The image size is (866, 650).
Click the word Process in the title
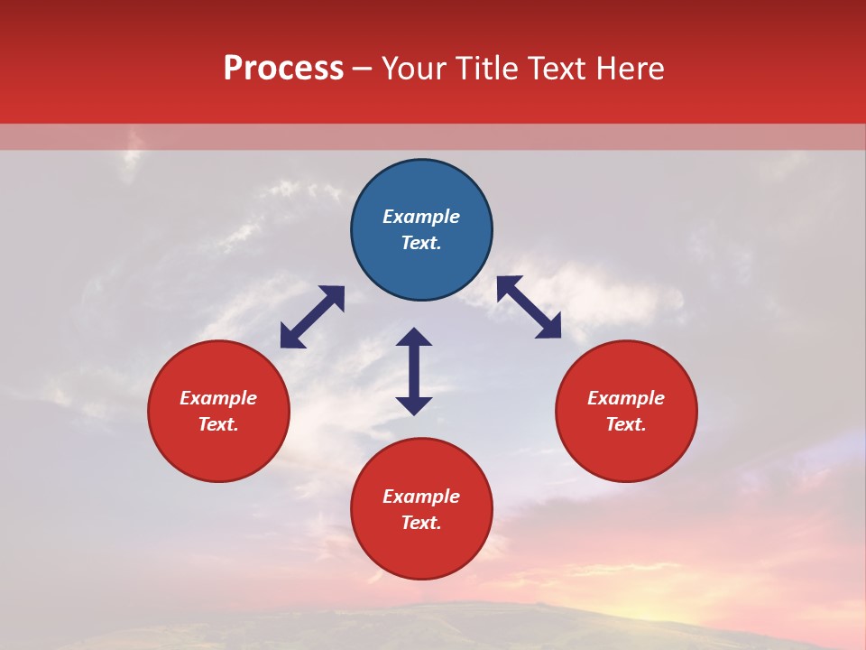pyautogui.click(x=283, y=69)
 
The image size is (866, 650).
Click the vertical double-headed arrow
pyautogui.click(x=414, y=371)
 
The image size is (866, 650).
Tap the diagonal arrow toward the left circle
pyautogui.click(x=312, y=317)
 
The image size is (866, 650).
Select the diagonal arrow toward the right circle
pyautogui.click(x=530, y=307)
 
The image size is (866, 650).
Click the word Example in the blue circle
pyautogui.click(x=421, y=217)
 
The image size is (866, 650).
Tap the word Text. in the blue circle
pyautogui.click(x=421, y=243)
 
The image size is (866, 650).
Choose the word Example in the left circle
pyautogui.click(x=218, y=398)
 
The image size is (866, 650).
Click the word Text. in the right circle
pyautogui.click(x=626, y=424)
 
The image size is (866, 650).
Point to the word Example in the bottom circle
pyautogui.click(x=421, y=497)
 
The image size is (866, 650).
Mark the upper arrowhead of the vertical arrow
pyautogui.click(x=414, y=338)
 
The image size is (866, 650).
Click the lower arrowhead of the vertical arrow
pyautogui.click(x=414, y=405)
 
